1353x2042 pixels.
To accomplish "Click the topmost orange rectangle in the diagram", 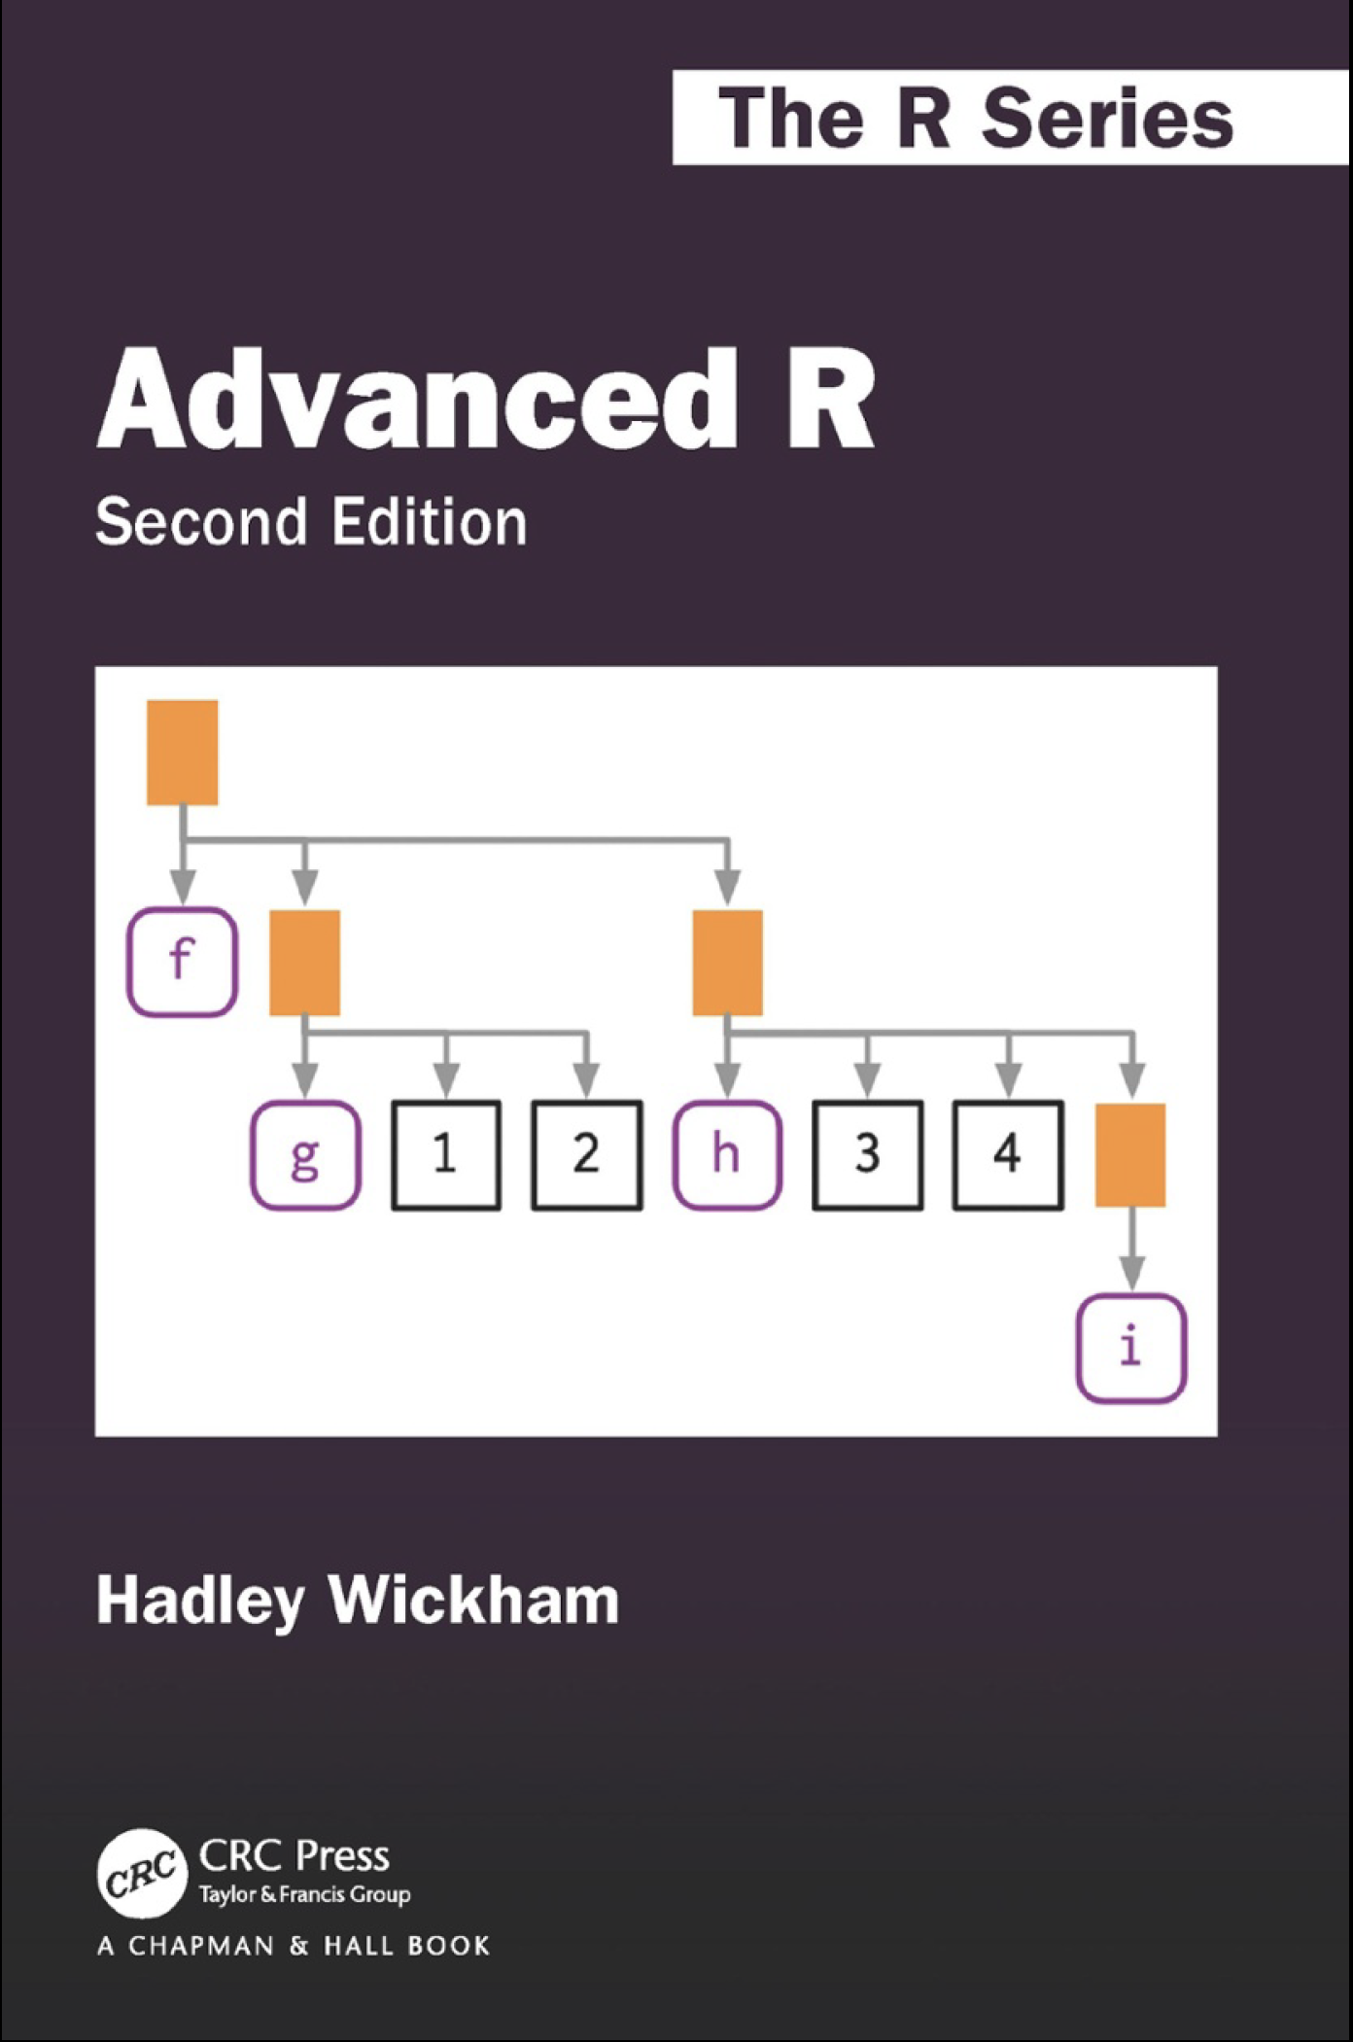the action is click(x=182, y=753).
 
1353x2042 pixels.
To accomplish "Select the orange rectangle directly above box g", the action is click(x=304, y=963).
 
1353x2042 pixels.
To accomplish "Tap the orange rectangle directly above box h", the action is click(x=727, y=963).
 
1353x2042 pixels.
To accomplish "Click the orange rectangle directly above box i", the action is click(x=1130, y=1155).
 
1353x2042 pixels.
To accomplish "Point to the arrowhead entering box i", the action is click(x=1130, y=1273).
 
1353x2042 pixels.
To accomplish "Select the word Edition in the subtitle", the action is click(x=429, y=522).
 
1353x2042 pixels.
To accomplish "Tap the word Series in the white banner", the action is click(x=1107, y=117).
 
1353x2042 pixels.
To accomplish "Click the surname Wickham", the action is click(x=474, y=1601).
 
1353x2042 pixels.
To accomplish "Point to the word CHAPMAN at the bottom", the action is click(x=201, y=1946).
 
